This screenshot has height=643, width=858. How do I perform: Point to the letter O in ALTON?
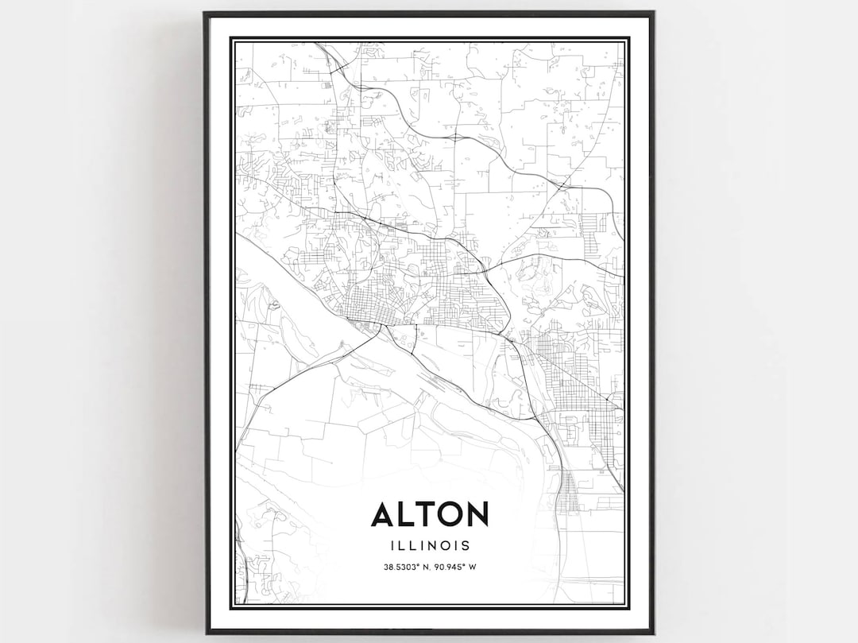pos(450,515)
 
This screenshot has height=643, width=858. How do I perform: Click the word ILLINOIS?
pos(430,546)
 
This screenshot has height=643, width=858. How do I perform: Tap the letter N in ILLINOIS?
pos(430,546)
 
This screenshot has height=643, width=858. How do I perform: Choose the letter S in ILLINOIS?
pos(466,546)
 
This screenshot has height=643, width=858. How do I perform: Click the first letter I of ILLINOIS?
pos(392,546)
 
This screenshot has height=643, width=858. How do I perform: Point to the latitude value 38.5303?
pos(400,567)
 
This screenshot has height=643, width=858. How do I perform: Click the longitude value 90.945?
pos(449,567)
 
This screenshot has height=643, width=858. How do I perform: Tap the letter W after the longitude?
pos(473,567)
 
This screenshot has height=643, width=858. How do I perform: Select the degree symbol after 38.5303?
pos(419,565)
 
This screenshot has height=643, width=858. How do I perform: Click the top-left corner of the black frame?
pos(205,13)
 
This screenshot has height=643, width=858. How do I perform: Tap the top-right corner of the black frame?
pos(653,13)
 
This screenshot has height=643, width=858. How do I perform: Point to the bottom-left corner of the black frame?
pos(207,633)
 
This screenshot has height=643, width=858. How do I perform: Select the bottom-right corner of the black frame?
pos(653,633)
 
